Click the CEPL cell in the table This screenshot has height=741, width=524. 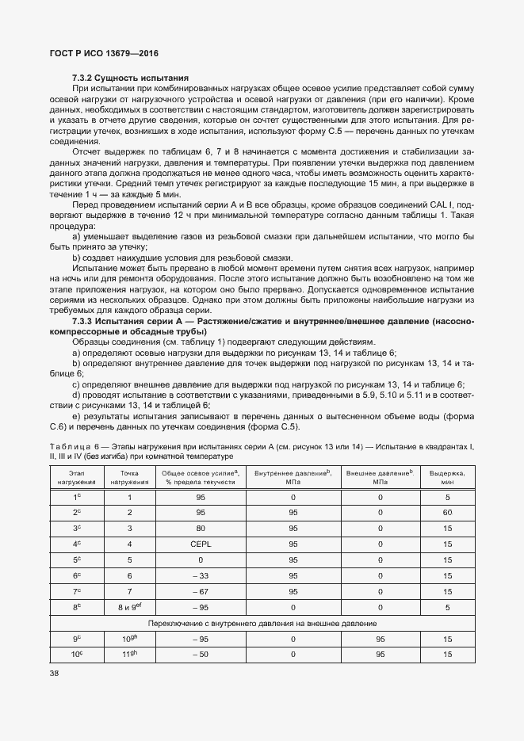[x=201, y=544]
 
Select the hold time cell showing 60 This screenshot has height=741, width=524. [x=447, y=513]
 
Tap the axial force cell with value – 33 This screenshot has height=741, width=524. [x=201, y=575]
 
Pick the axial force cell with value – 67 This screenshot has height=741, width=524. [x=201, y=591]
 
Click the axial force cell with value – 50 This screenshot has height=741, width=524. [x=201, y=655]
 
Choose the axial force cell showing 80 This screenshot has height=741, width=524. [x=201, y=529]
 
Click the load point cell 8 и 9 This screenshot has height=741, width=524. [x=129, y=607]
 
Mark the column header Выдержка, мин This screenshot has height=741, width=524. [x=447, y=477]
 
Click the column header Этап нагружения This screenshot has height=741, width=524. [x=78, y=477]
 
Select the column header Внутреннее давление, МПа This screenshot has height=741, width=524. [x=293, y=477]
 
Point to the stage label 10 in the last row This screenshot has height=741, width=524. [x=77, y=655]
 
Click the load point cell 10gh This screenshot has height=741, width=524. [x=129, y=639]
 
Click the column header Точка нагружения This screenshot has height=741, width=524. [x=129, y=477]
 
